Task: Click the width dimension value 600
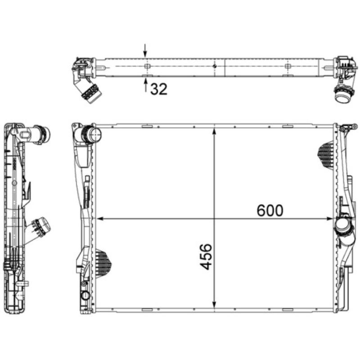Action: click(270, 210)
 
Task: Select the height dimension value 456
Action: click(206, 257)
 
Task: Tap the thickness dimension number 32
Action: click(159, 89)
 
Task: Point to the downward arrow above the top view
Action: click(145, 51)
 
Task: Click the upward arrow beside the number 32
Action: click(145, 85)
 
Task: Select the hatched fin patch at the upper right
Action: click(326, 153)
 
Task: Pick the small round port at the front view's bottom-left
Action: click(84, 296)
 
